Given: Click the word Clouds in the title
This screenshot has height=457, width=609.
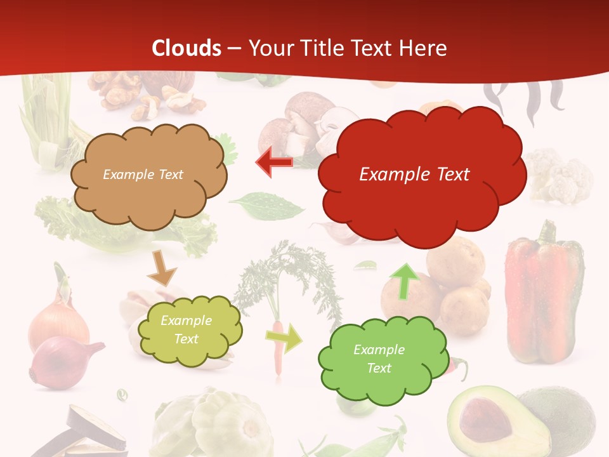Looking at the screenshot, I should (x=187, y=48).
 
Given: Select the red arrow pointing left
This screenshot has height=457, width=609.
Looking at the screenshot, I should (x=275, y=162).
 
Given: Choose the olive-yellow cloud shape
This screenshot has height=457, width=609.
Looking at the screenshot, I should (x=190, y=330).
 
